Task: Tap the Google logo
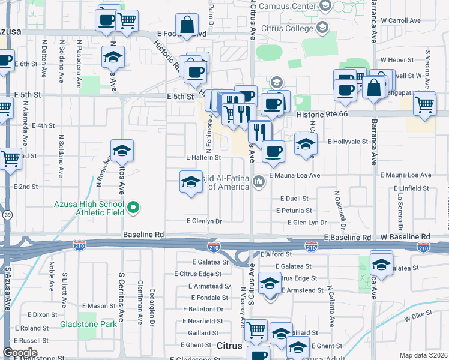(x=20, y=352)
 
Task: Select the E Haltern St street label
(x=203, y=157)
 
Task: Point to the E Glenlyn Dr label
(x=204, y=221)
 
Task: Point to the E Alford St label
(x=276, y=254)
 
